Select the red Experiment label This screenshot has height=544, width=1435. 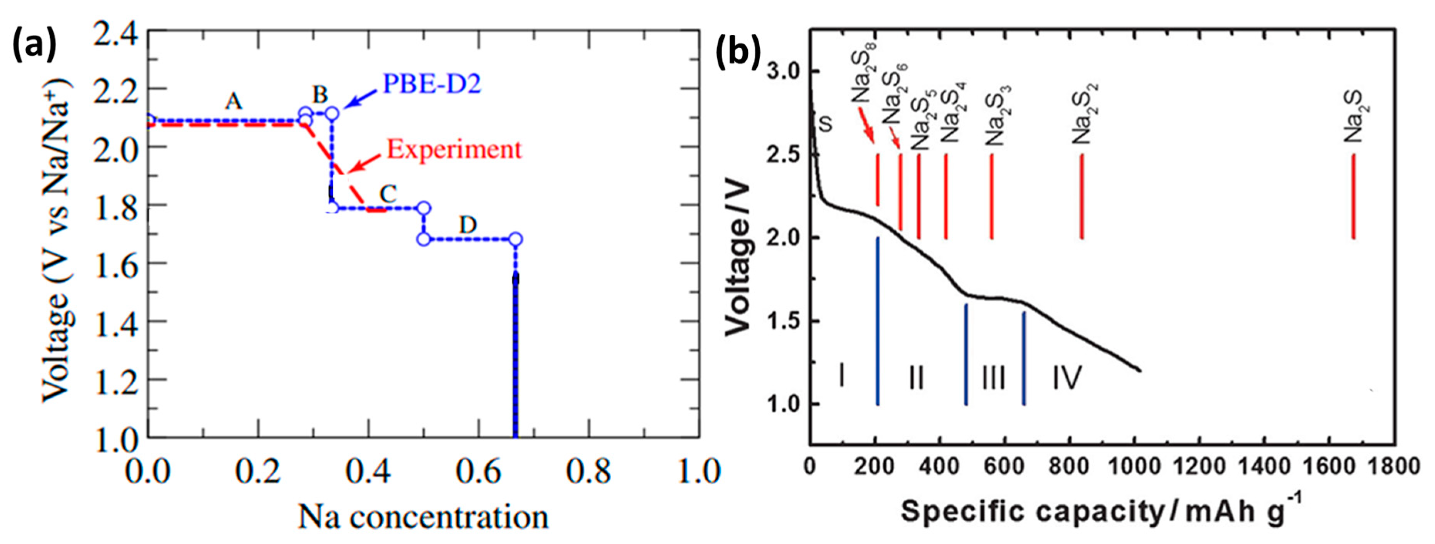click(x=454, y=150)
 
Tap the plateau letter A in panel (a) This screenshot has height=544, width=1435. click(x=234, y=102)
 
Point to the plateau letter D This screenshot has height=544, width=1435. click(x=468, y=225)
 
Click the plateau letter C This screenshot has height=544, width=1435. click(x=388, y=194)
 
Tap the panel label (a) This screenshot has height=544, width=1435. click(x=35, y=45)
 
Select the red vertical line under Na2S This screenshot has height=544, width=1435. click(x=1354, y=196)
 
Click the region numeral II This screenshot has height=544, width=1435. click(x=916, y=378)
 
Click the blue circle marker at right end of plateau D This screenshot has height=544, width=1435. click(x=515, y=240)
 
